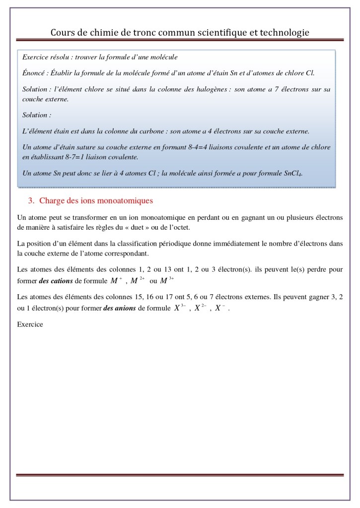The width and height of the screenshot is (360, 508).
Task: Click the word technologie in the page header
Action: (x=282, y=32)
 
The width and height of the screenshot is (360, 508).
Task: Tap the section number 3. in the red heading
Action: (x=31, y=201)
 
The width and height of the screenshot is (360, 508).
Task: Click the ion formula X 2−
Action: (x=200, y=308)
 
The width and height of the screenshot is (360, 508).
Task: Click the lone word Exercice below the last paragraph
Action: (x=30, y=324)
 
